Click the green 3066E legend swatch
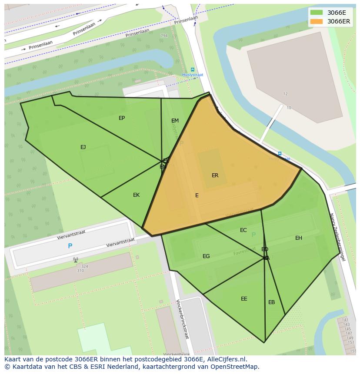[x=317, y=13]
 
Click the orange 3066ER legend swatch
[x=317, y=21]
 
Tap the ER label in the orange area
[x=215, y=175]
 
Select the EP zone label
[x=122, y=118]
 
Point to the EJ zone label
[x=83, y=147]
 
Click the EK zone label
[x=136, y=195]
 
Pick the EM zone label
[x=175, y=121]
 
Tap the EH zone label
[x=299, y=238]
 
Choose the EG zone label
[x=206, y=256]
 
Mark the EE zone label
[x=244, y=299]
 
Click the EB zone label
[x=271, y=302]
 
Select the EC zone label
[x=243, y=230]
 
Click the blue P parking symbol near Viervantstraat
[x=70, y=246]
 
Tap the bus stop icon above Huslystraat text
[x=193, y=70]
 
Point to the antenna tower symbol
[x=75, y=260]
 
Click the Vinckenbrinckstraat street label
[x=183, y=319]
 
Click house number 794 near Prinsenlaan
[x=164, y=36]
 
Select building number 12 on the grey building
[x=285, y=94]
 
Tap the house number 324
[x=84, y=266]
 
